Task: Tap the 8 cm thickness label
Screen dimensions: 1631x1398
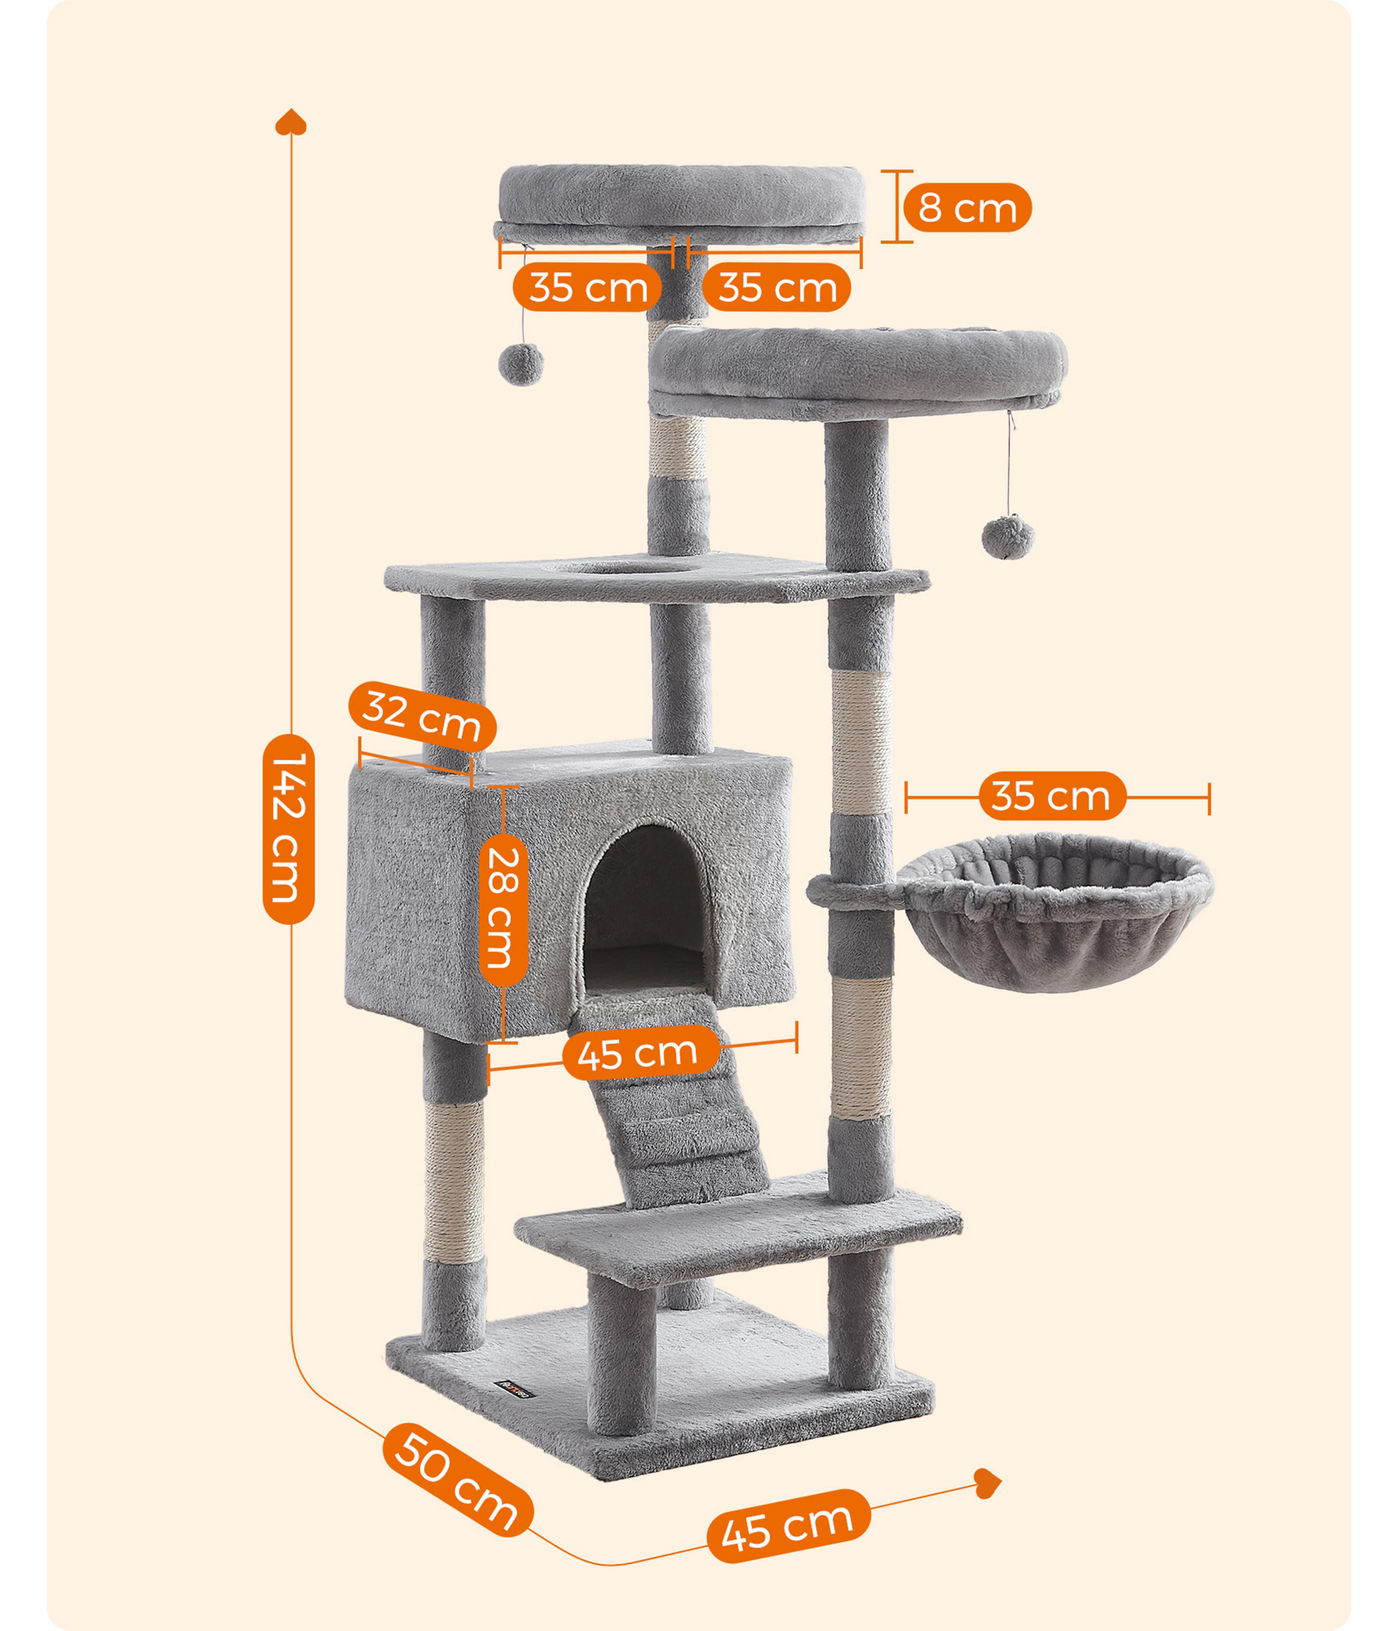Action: [967, 208]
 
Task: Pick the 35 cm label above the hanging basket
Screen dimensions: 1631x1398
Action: [1052, 796]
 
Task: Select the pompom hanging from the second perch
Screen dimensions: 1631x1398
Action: [1008, 538]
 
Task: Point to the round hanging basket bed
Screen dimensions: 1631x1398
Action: [1055, 913]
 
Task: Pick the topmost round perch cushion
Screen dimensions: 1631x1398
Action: [682, 197]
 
